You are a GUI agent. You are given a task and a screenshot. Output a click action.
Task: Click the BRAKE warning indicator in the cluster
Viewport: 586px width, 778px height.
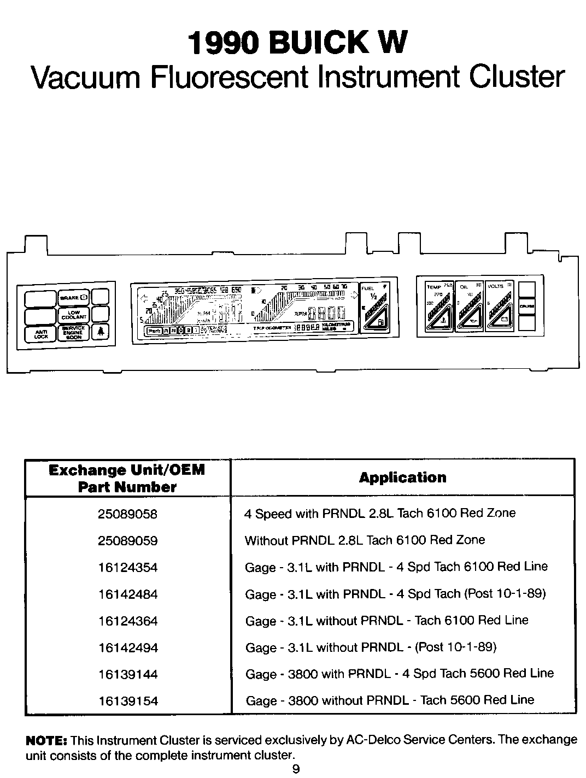pos(74,298)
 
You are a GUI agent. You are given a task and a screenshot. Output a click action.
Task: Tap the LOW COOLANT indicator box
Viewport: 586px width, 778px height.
pos(74,315)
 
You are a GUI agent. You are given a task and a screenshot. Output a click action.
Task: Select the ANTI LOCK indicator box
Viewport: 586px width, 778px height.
pos(41,334)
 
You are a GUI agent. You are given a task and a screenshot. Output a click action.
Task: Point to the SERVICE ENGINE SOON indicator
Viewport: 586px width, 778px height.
pos(74,333)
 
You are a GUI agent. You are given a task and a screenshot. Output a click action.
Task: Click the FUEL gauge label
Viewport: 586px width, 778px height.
pos(368,288)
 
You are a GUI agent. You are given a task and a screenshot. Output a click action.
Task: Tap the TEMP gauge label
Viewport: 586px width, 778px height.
pos(433,287)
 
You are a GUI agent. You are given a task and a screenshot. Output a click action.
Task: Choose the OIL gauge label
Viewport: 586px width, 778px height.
pos(464,287)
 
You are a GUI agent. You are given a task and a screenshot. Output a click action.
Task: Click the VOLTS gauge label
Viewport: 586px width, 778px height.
pos(495,286)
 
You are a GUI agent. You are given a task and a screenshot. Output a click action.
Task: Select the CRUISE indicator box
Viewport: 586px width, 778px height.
pos(527,306)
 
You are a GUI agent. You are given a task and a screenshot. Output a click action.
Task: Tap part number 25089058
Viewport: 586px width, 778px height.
pos(127,514)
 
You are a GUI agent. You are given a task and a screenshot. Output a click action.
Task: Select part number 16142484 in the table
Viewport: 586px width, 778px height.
pos(127,594)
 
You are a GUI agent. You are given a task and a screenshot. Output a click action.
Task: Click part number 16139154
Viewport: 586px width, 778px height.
pos(127,701)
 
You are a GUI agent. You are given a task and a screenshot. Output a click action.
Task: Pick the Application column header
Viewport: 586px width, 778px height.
pos(402,478)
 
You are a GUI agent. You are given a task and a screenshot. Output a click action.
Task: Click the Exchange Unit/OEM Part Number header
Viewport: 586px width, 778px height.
pos(127,478)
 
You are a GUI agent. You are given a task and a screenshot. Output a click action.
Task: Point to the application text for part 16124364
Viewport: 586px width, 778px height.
pos(386,621)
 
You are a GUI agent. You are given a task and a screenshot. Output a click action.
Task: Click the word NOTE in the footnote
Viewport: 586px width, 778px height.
pos(46,741)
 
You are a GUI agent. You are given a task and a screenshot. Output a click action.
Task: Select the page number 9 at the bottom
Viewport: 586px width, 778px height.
pos(296,769)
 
